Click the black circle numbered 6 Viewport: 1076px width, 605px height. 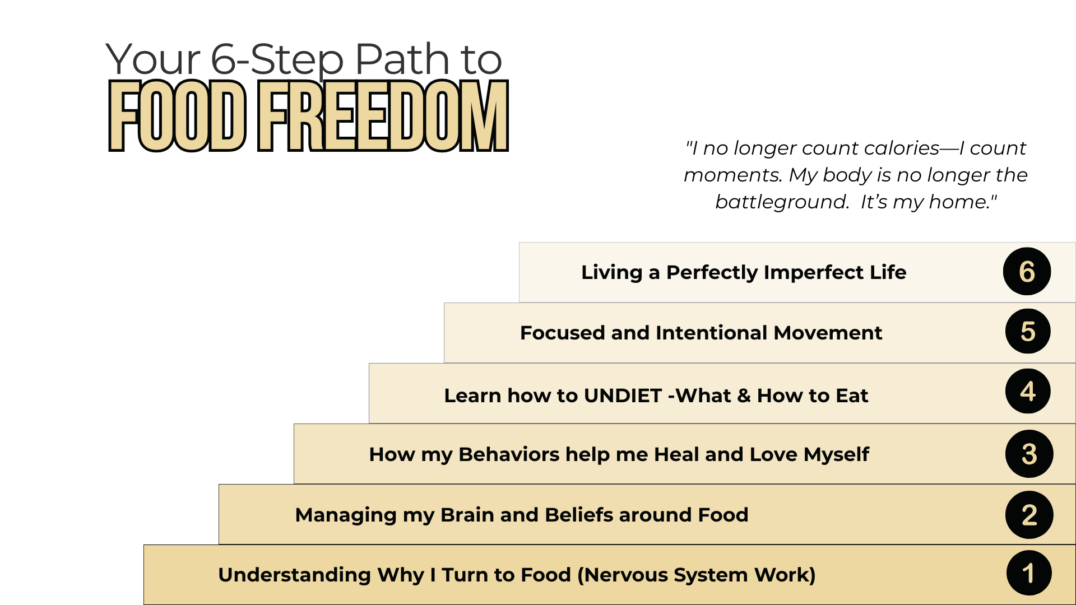tap(1027, 272)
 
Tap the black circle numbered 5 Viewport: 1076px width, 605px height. tap(1028, 332)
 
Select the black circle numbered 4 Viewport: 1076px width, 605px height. tap(1028, 392)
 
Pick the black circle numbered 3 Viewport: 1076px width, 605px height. tap(1029, 454)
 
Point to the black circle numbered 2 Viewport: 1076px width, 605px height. tap(1029, 515)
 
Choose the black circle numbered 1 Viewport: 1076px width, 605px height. tap(1029, 573)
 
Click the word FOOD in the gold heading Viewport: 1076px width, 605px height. tap(177, 117)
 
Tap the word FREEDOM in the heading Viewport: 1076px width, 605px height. tap(383, 117)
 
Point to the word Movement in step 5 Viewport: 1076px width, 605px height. tap(828, 333)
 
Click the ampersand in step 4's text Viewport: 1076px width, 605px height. tap(744, 395)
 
